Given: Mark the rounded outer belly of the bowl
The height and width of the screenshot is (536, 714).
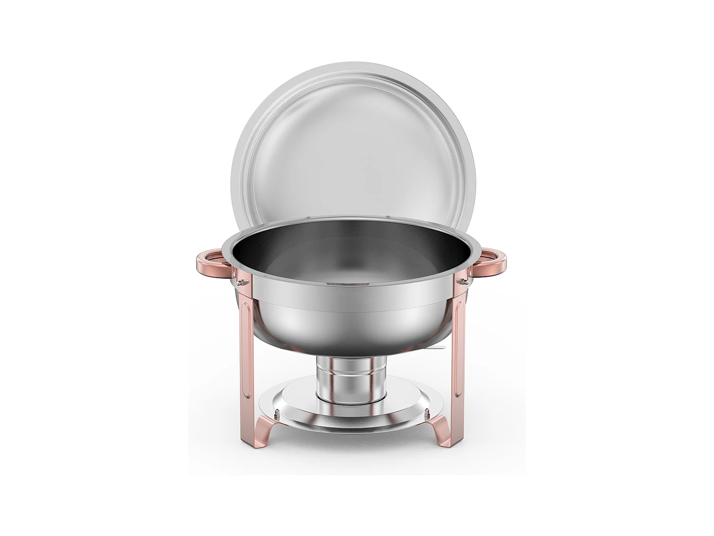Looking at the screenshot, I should pyautogui.click(x=352, y=324).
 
